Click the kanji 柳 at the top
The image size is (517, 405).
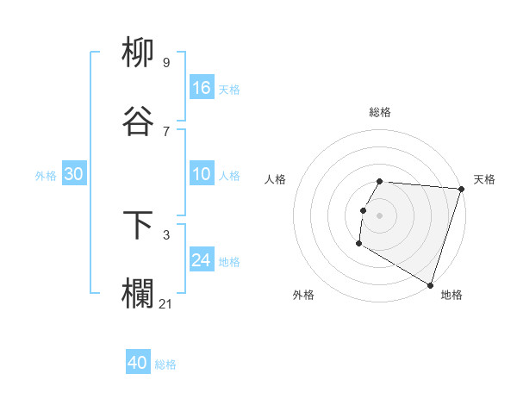pos(139,53)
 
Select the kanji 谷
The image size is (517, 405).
pos(139,121)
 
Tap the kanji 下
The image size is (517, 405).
pos(139,225)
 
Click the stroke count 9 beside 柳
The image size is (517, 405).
pos(166,62)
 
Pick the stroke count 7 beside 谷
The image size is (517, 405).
pos(166,131)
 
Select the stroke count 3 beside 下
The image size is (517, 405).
pos(166,234)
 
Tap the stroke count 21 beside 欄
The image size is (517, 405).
pos(166,303)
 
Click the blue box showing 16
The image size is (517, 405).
pos(202,87)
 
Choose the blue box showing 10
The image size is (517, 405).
pos(202,174)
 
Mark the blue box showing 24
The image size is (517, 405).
pos(202,260)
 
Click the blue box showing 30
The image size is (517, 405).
pos(74,174)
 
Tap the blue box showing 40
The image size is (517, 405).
pos(138,363)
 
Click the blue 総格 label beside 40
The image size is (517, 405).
pos(165,364)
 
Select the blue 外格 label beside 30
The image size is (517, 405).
pos(46,176)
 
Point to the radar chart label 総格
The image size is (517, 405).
pos(380,112)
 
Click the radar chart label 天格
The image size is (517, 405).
pos(484,179)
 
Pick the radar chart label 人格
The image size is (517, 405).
pos(276,179)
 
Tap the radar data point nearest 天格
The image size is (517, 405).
pos(461,189)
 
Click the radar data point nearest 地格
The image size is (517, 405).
pos(430,283)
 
